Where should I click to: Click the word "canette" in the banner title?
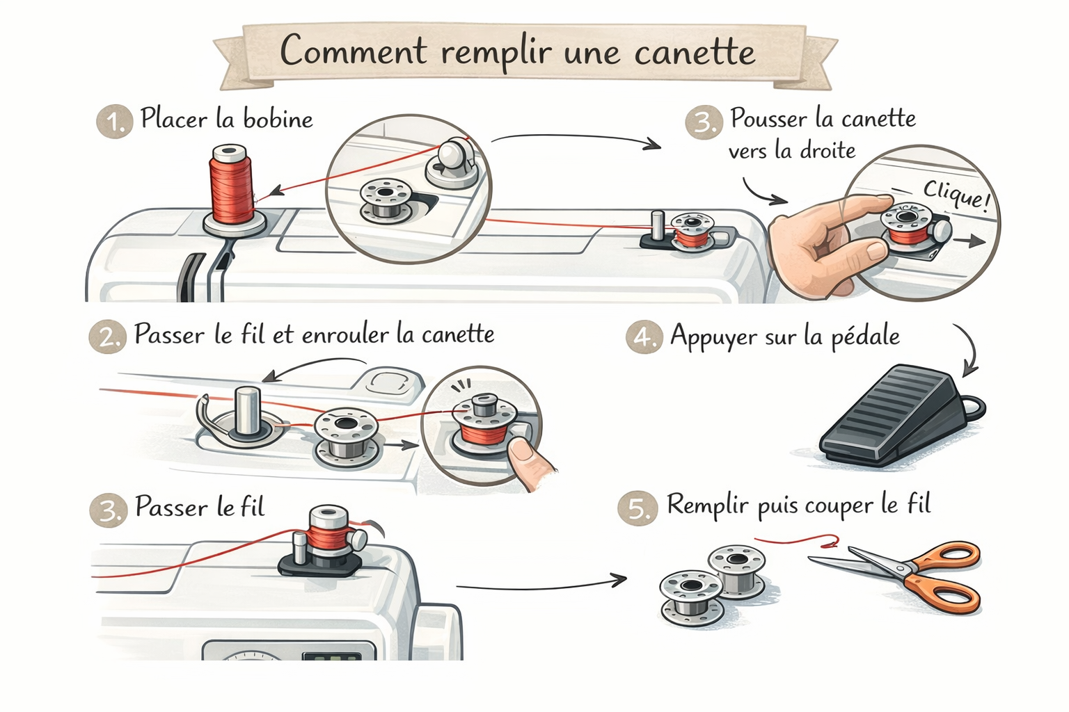[x=695, y=52]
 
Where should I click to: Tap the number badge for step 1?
[x=115, y=122]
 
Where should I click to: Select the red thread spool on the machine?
[x=232, y=185]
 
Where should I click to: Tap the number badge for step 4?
[x=644, y=337]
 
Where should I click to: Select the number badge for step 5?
[x=637, y=508]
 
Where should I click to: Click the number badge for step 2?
[x=107, y=337]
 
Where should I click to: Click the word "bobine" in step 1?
[x=278, y=119]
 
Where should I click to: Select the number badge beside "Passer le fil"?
[x=109, y=510]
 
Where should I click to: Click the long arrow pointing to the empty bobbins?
[x=541, y=585]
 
